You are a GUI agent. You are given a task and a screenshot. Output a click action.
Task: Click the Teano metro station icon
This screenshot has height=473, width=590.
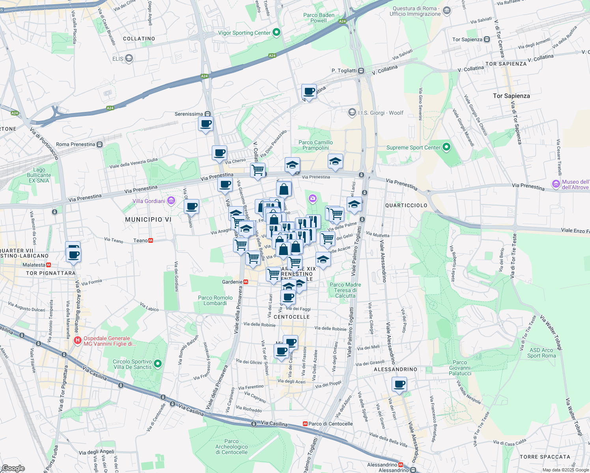pyautogui.click(x=151, y=240)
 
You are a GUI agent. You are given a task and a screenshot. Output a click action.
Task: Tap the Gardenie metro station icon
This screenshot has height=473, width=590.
pyautogui.click(x=246, y=282)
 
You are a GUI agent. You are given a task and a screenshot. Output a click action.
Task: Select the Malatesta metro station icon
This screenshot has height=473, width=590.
pyautogui.click(x=49, y=265)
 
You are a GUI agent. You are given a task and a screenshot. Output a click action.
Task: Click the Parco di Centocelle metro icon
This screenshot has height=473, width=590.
pyautogui.click(x=305, y=424)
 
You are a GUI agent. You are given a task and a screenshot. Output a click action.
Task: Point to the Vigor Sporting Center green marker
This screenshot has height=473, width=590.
pyautogui.click(x=276, y=33)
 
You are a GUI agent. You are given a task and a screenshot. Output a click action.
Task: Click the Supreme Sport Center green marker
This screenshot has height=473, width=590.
pyautogui.click(x=446, y=147)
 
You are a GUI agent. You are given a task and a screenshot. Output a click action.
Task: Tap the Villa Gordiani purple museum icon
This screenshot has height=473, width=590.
pyautogui.click(x=171, y=201)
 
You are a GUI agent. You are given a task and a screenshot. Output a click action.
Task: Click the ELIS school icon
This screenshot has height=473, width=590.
pyautogui.click(x=129, y=59)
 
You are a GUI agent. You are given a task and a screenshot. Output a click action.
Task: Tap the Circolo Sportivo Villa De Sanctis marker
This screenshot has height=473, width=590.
pyautogui.click(x=158, y=364)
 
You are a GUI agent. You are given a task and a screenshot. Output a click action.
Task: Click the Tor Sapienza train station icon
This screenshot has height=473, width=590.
pyautogui.click(x=487, y=39)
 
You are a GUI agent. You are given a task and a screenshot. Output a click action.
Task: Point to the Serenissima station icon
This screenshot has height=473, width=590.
pyautogui.click(x=207, y=114)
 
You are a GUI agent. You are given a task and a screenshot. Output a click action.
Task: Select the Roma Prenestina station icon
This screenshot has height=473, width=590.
pyautogui.click(x=100, y=144)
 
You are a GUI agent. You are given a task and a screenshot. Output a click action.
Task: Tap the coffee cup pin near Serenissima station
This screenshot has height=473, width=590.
pyautogui.click(x=205, y=124)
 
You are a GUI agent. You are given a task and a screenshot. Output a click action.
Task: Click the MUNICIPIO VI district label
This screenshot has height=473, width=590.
pyautogui.click(x=148, y=220)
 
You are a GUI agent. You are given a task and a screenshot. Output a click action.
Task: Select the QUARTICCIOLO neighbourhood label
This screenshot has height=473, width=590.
pyautogui.click(x=406, y=205)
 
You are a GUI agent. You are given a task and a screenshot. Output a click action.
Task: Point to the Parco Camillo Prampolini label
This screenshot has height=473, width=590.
pyautogui.click(x=316, y=145)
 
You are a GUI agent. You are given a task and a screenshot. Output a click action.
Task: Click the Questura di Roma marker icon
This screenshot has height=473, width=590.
pyautogui.click(x=446, y=11)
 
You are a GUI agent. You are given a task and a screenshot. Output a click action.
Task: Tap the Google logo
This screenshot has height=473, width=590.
pyautogui.click(x=13, y=468)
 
